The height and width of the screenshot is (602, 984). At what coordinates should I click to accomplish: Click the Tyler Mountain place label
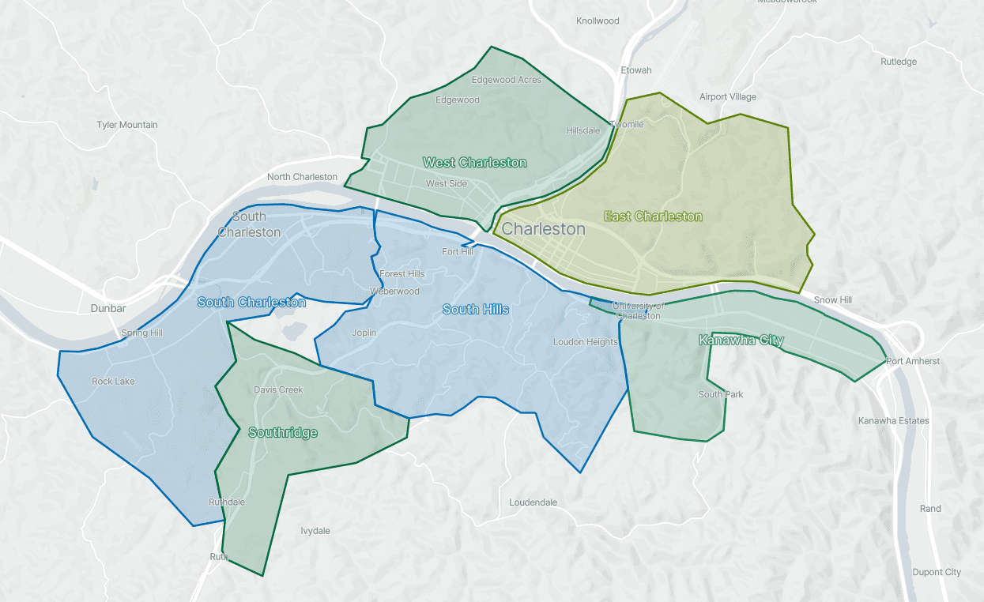127,125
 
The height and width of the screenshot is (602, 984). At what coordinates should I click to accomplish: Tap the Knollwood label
598,21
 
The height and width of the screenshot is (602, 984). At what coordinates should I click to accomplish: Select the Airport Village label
727,97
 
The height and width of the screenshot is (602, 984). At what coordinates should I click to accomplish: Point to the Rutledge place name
899,62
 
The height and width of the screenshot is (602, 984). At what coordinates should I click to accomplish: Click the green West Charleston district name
474,163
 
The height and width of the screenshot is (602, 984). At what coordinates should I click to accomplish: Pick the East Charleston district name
653,216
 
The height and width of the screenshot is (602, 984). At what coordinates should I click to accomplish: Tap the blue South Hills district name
475,310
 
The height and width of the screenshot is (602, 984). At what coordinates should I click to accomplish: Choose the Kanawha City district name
741,341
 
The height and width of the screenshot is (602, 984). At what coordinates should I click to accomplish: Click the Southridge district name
283,433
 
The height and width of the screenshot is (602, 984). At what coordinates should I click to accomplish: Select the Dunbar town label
108,309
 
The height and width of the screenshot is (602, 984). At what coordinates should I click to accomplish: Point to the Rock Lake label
113,382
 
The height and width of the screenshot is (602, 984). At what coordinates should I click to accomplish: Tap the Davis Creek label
278,389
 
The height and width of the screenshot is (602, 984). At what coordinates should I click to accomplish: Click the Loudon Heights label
585,342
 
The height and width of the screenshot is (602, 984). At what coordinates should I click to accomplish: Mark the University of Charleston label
638,311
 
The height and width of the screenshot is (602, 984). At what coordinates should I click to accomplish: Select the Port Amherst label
913,362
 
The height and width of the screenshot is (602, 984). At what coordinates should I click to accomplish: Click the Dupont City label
937,572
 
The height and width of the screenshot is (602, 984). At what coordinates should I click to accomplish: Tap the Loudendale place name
533,502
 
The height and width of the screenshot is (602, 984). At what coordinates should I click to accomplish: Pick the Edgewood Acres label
506,80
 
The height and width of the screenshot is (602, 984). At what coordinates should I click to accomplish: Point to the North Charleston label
302,177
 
